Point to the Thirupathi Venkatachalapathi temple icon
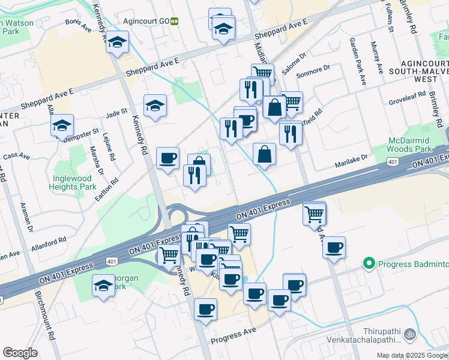tap(410, 334)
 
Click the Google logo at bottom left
tap(20, 353)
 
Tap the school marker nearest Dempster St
tap(62, 125)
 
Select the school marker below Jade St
tap(155, 106)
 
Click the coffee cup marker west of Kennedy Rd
tap(168, 158)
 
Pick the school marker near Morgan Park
tap(104, 286)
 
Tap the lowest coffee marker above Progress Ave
tap(206, 309)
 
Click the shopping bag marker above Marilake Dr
tap(264, 154)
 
